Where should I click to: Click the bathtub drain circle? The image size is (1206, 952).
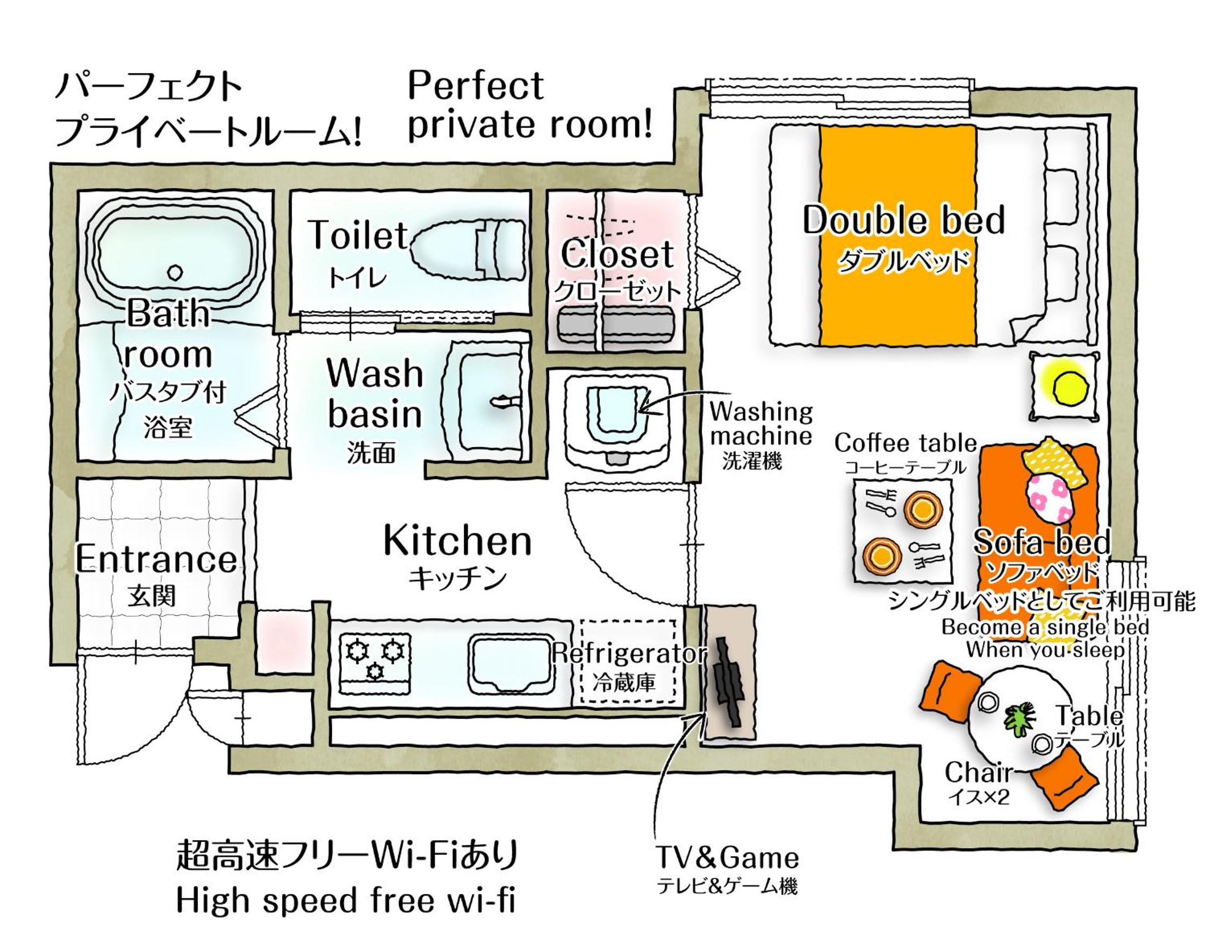click(x=176, y=273)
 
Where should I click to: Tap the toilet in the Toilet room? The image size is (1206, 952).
click(x=469, y=248)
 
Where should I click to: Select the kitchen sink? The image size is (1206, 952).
click(x=512, y=665)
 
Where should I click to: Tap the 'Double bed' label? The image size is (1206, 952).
click(x=903, y=220)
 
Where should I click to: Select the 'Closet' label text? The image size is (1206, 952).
click(x=617, y=254)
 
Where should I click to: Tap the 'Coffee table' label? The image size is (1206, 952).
click(x=906, y=443)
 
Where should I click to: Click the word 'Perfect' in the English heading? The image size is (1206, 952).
click(x=476, y=86)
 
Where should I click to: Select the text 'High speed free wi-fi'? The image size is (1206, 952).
click(x=346, y=901)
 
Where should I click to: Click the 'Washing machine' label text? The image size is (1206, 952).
click(x=761, y=424)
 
